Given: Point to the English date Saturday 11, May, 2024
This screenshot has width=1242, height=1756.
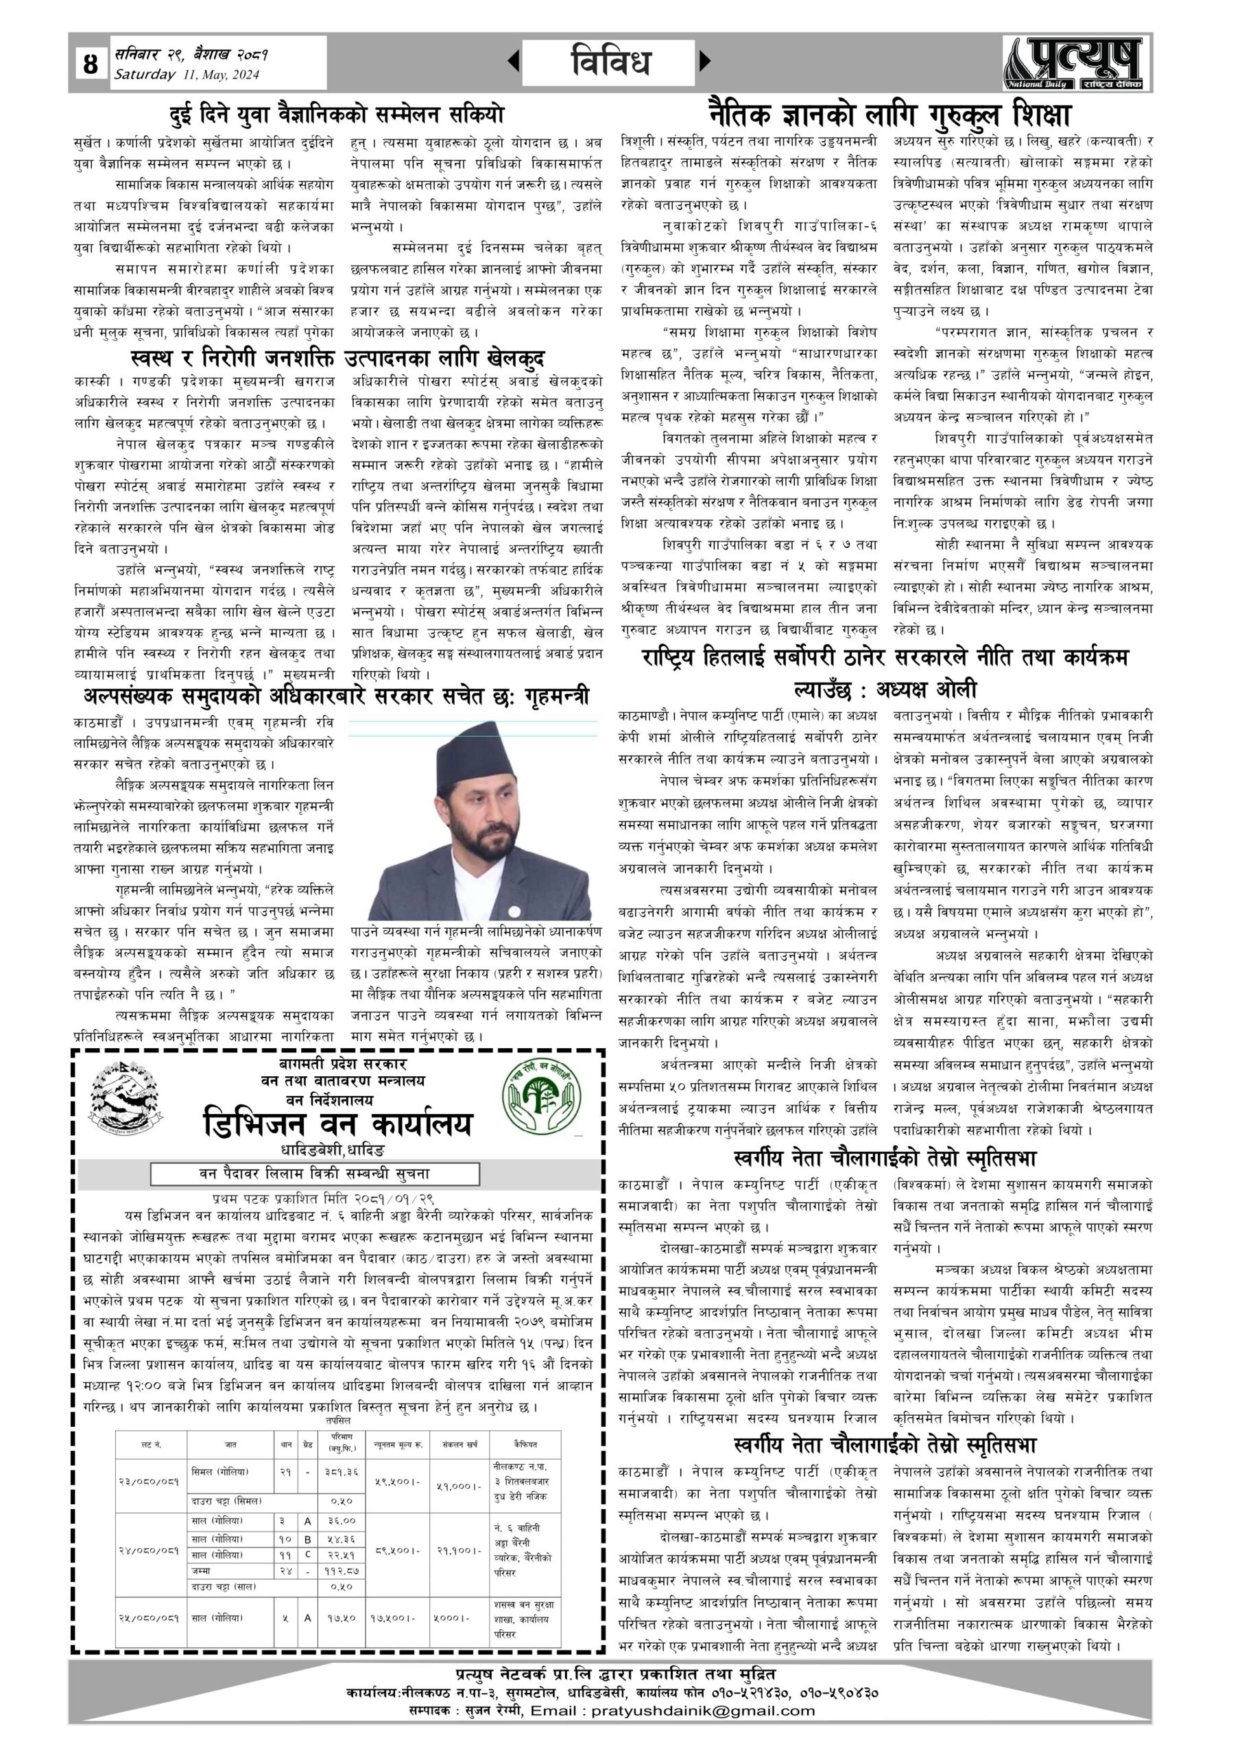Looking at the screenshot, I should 187,75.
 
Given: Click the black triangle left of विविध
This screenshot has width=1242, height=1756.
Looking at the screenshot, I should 514,60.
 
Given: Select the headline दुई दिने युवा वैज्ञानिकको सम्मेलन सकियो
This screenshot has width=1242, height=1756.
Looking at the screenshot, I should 337,115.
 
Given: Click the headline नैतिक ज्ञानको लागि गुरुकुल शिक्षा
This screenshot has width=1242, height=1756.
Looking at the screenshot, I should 887,114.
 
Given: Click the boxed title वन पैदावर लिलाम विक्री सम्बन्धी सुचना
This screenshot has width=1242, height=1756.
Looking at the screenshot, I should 314,1173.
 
